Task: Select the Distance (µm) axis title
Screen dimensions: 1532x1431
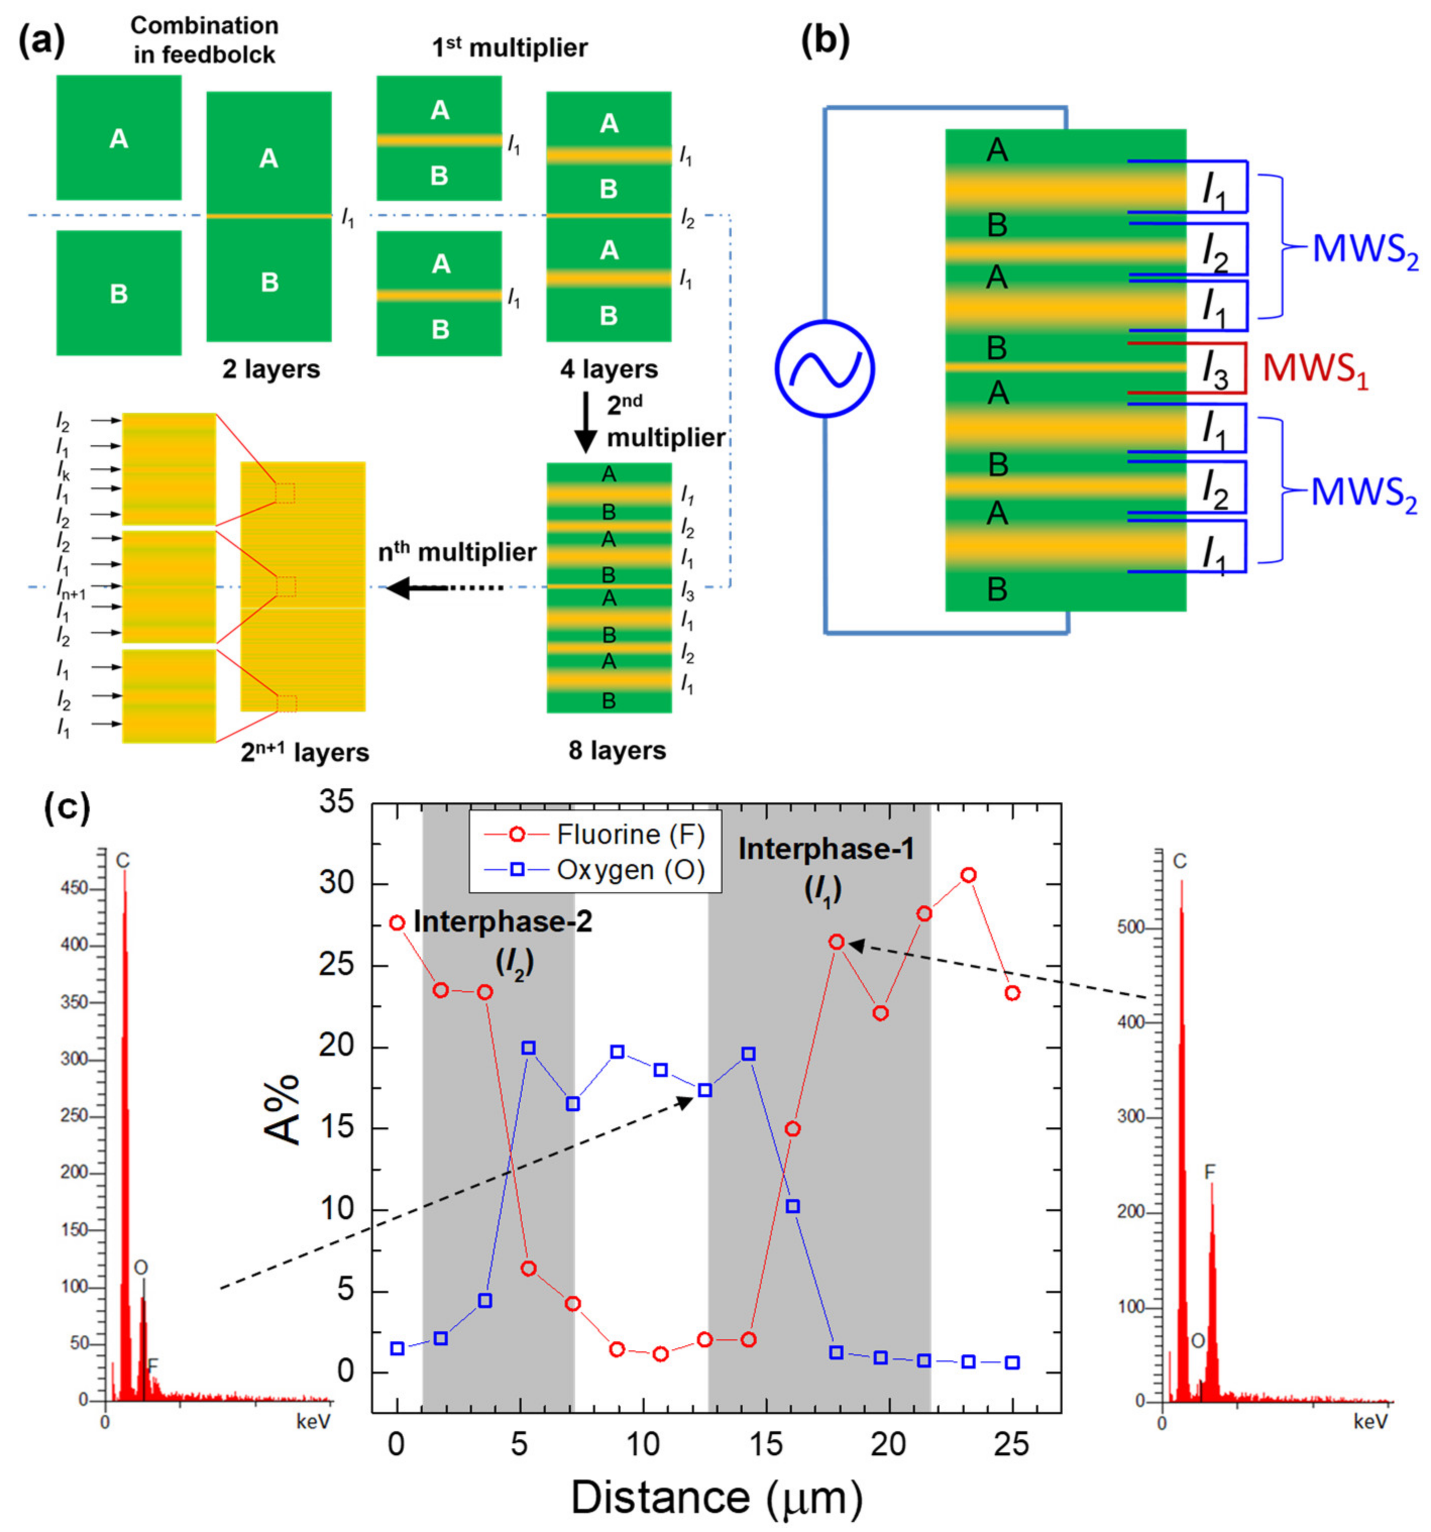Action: point(716,1497)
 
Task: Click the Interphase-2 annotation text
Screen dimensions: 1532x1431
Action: point(503,922)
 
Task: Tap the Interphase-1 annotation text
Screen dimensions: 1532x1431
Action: point(826,849)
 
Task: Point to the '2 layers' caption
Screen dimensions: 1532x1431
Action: point(270,369)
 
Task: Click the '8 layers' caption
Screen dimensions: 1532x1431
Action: point(617,750)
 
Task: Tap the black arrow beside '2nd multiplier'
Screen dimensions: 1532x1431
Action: point(586,422)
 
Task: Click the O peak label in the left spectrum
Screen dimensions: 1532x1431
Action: point(140,1268)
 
